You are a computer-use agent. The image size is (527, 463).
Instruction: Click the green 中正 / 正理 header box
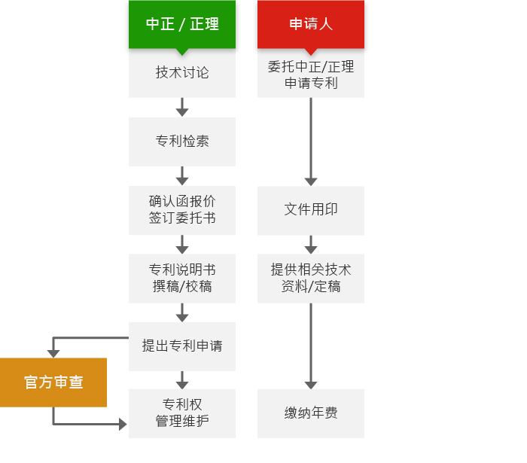[x=182, y=24]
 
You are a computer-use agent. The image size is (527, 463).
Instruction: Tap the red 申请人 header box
[x=310, y=24]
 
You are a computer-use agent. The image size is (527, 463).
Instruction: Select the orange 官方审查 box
[x=53, y=382]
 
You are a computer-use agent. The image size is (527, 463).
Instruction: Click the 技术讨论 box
[x=182, y=73]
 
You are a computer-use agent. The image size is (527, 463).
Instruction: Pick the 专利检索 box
[x=182, y=142]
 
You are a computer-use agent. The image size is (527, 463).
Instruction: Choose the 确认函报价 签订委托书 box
[x=182, y=210]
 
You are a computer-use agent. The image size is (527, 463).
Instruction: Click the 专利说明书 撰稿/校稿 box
[x=182, y=279]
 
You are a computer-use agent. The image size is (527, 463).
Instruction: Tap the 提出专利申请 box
[x=182, y=346]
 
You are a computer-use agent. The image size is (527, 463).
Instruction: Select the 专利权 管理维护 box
[x=182, y=413]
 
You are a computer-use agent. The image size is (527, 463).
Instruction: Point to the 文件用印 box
[x=310, y=211]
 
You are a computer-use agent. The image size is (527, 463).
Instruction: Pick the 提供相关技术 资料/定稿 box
[x=310, y=279]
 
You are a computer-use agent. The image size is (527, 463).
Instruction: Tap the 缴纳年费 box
[x=310, y=413]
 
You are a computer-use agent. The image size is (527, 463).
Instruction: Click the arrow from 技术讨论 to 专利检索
[x=182, y=107]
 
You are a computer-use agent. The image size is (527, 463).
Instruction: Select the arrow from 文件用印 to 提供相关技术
[x=310, y=245]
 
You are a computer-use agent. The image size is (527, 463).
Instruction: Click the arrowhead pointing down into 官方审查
[x=53, y=354]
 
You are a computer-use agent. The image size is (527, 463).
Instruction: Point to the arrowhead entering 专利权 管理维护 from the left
[x=123, y=424]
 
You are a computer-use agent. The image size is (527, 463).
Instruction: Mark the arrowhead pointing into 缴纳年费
[x=310, y=385]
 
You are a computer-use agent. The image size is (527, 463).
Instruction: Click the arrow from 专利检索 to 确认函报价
[x=182, y=175]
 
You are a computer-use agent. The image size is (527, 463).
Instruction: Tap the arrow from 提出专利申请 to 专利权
[x=182, y=380]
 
